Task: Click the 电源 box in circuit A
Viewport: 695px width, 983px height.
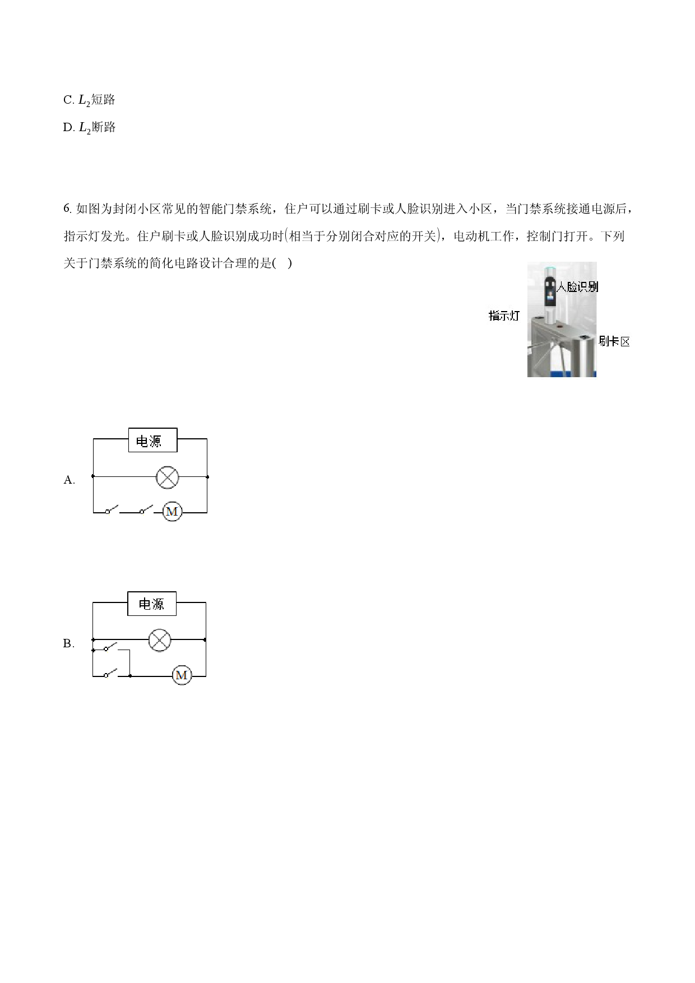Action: pos(152,441)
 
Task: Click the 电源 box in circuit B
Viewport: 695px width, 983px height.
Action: pos(152,604)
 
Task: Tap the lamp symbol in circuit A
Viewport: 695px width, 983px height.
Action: pos(167,477)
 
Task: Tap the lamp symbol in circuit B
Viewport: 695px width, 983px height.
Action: pos(160,639)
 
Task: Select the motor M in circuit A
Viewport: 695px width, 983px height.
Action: pos(172,512)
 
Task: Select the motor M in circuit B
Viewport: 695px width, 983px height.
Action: pos(182,675)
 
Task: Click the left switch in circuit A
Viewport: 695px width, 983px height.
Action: pos(112,510)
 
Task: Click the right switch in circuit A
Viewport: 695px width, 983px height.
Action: pos(146,510)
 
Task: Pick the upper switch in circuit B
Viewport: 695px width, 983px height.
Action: pos(110,648)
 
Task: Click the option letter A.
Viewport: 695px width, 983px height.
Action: pos(69,480)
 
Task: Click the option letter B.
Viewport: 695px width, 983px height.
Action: pos(68,643)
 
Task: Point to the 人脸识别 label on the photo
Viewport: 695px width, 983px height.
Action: pos(577,286)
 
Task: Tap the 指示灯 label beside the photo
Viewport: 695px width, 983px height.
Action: pos(504,316)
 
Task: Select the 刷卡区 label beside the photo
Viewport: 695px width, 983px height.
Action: pos(614,341)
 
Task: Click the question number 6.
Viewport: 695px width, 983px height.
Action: pos(67,209)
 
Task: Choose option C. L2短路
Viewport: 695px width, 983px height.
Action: pos(89,100)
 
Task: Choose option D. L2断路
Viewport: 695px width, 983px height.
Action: pos(89,127)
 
